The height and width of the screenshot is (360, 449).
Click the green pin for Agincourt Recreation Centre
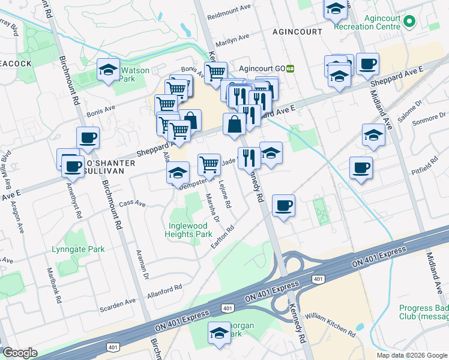[x=410, y=22]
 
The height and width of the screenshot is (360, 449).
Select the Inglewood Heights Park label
[x=189, y=230]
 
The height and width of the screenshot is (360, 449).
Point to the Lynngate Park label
[x=78, y=249]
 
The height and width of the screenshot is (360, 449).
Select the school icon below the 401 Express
[x=219, y=332]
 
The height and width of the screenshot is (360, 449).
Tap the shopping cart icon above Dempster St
[x=209, y=163]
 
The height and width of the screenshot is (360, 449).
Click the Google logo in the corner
[x=20, y=353]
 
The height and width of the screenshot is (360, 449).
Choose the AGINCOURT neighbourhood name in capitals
[x=297, y=31]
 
